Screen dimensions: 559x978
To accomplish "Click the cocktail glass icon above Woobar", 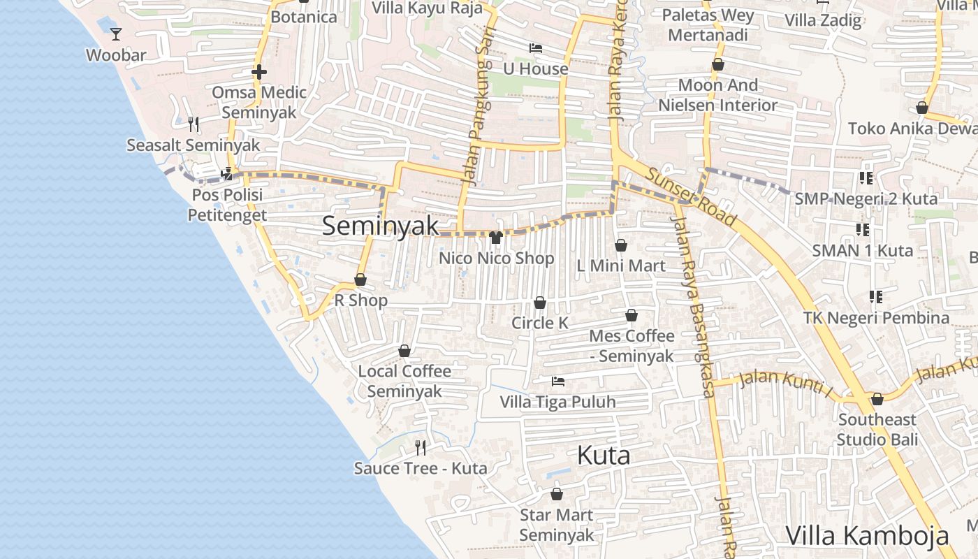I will pos(116,33).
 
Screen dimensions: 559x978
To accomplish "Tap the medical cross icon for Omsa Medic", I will pos(258,72).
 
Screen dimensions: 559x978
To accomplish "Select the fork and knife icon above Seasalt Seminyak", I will pos(194,124).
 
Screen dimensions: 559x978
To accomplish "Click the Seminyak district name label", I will pos(381,226).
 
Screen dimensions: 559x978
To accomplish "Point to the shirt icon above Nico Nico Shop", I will pos(496,238).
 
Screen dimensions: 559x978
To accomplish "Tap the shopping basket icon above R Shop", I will pos(360,279).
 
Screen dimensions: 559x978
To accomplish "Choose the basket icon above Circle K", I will pos(540,303).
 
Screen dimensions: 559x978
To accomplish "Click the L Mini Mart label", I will pos(621,266).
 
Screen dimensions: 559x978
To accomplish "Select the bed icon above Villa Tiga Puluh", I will pos(557,382).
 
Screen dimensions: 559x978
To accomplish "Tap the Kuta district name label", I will pos(604,456).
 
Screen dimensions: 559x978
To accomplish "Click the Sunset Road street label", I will pos(692,196).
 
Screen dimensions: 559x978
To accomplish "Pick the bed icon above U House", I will pos(536,48).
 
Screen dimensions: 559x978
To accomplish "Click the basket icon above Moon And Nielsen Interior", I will pos(717,65).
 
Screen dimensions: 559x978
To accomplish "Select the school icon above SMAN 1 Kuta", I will pos(863,229).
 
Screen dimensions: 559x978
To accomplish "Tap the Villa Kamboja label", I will pos(867,536).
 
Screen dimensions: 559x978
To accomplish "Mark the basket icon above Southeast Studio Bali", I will pos(877,399).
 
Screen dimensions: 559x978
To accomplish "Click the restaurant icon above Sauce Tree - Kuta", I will pos(421,447).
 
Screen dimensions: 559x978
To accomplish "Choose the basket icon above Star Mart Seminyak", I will pos(557,494).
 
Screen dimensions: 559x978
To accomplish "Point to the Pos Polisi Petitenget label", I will pos(227,205).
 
